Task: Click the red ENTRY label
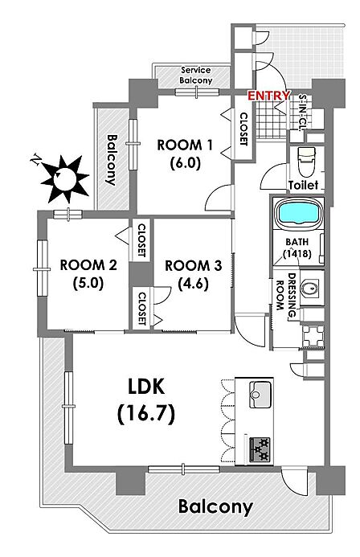click(x=268, y=95)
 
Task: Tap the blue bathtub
click(x=298, y=214)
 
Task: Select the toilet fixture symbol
click(x=307, y=162)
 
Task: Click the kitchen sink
click(x=260, y=395)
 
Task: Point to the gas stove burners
click(x=260, y=450)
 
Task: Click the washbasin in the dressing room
click(x=311, y=288)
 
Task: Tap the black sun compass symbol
click(x=65, y=178)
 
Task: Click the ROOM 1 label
click(x=185, y=145)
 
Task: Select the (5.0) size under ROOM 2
click(x=88, y=283)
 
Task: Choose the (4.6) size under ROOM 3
click(x=193, y=283)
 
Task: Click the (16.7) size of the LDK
click(x=146, y=413)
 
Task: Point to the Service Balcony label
click(x=196, y=76)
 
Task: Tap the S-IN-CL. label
click(x=302, y=113)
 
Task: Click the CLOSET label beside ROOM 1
click(x=243, y=129)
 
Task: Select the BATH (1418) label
click(x=297, y=248)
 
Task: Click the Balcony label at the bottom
click(x=215, y=506)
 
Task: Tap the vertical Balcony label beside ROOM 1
click(x=112, y=160)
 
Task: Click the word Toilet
click(x=303, y=185)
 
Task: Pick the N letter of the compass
click(x=36, y=159)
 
